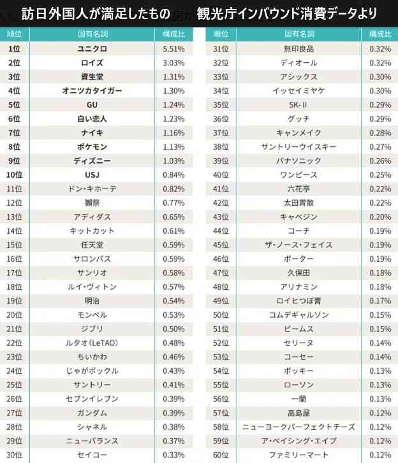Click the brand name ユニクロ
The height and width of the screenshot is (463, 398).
pyautogui.click(x=92, y=49)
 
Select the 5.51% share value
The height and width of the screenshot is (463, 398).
pyautogui.click(x=173, y=49)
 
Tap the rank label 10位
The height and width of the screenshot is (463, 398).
pyautogui.click(x=14, y=175)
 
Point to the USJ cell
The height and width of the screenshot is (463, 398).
pyautogui.click(x=92, y=175)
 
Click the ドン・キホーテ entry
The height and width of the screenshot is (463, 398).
pyautogui.click(x=92, y=189)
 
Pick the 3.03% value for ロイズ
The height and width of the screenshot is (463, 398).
pyautogui.click(x=173, y=62)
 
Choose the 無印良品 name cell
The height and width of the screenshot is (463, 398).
pyautogui.click(x=298, y=49)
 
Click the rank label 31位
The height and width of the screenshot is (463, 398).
pyautogui.click(x=221, y=49)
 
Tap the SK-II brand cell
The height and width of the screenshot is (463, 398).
pyautogui.click(x=298, y=105)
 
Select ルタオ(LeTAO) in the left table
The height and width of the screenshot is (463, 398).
pyautogui.click(x=92, y=343)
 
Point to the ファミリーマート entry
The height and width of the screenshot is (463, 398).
pyautogui.click(x=298, y=455)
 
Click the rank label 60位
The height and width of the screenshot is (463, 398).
pyautogui.click(x=221, y=455)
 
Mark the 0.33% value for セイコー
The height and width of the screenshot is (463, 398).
pyautogui.click(x=173, y=455)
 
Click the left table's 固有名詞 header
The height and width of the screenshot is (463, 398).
pyautogui.click(x=92, y=34)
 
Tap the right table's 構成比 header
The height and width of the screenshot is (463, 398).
pyautogui.click(x=380, y=34)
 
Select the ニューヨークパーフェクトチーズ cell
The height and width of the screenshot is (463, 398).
pyautogui.click(x=298, y=427)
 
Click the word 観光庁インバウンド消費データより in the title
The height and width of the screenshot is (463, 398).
pyautogui.click(x=286, y=13)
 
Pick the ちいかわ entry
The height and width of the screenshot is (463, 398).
pyautogui.click(x=92, y=357)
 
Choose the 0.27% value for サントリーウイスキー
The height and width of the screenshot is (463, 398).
pyautogui.click(x=380, y=146)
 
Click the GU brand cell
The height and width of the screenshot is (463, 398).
pyautogui.click(x=92, y=105)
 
